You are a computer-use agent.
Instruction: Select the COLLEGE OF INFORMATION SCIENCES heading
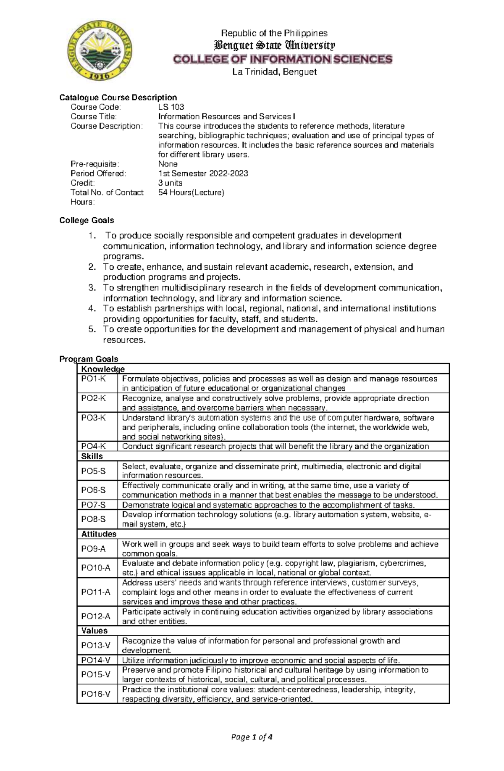(283, 59)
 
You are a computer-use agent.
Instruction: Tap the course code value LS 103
(171, 107)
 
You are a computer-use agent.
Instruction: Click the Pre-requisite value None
(168, 164)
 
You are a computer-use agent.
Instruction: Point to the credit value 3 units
(170, 183)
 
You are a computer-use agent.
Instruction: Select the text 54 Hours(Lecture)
(191, 192)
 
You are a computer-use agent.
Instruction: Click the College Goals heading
(87, 220)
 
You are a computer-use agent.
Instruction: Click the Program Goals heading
(89, 359)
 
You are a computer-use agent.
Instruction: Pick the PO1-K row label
(93, 379)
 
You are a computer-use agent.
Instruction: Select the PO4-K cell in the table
(93, 446)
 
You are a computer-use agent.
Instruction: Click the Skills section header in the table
(92, 456)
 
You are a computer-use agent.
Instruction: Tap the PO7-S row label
(93, 505)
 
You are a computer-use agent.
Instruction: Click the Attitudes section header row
(99, 534)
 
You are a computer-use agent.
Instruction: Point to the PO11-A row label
(96, 592)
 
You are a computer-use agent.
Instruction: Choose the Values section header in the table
(94, 631)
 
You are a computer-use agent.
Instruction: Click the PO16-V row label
(96, 694)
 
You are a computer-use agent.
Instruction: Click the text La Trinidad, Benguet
(274, 72)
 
